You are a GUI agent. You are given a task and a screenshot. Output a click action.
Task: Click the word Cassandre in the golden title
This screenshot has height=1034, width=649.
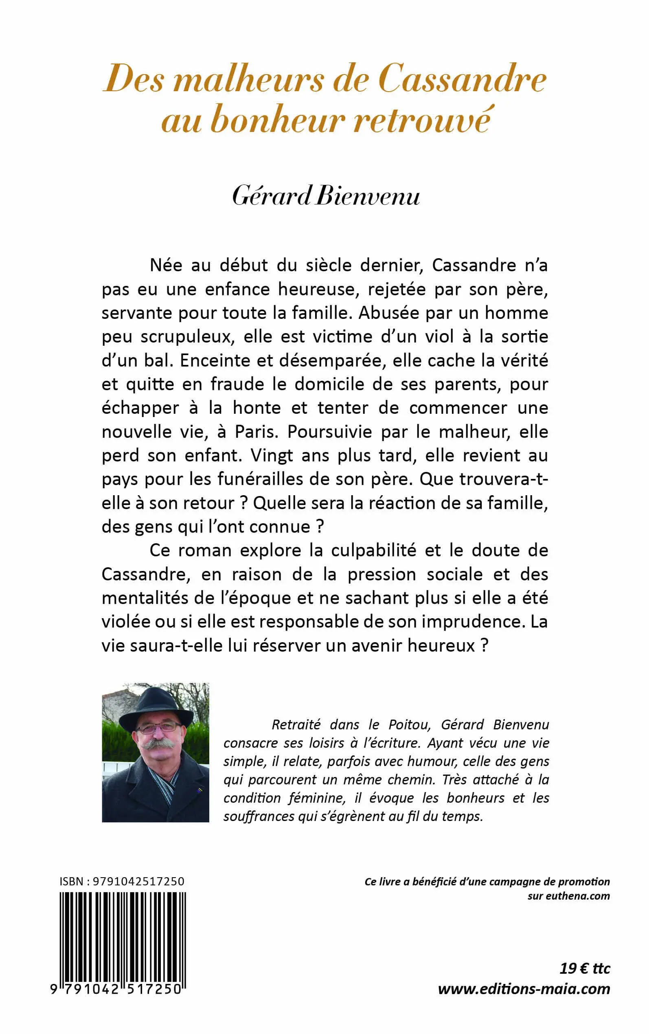pyautogui.click(x=462, y=79)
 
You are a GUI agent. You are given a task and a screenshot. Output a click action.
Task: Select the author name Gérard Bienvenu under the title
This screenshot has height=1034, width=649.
pyautogui.click(x=326, y=197)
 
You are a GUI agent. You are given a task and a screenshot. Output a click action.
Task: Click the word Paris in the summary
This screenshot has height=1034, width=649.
pyautogui.click(x=255, y=432)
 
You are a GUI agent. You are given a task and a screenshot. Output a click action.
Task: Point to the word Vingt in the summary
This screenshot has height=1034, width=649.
pyautogui.click(x=271, y=455)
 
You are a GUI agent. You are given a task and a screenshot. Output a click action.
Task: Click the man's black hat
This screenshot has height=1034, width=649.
pyautogui.click(x=156, y=707)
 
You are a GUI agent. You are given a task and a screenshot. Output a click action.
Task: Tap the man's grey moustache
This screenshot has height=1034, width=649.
pyautogui.click(x=157, y=744)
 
